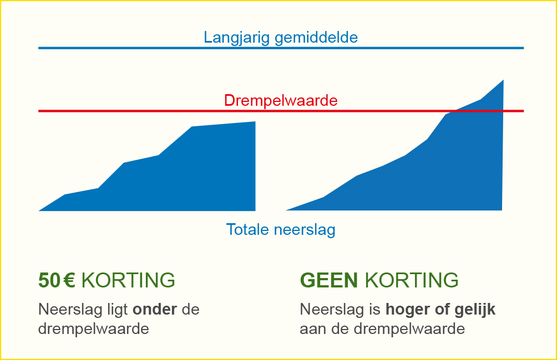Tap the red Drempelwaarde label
pos(281,101)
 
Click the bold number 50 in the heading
pos(49,280)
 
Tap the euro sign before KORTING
pos(70,280)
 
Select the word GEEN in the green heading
pos(329,280)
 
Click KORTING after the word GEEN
pos(412,280)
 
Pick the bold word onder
pos(155,309)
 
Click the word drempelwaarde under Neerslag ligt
pos(93,329)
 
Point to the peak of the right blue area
pos(503,80)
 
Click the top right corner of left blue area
pos(255,122)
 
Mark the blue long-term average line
pos(281,48)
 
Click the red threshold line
pos(281,111)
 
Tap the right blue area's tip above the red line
pos(503,80)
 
